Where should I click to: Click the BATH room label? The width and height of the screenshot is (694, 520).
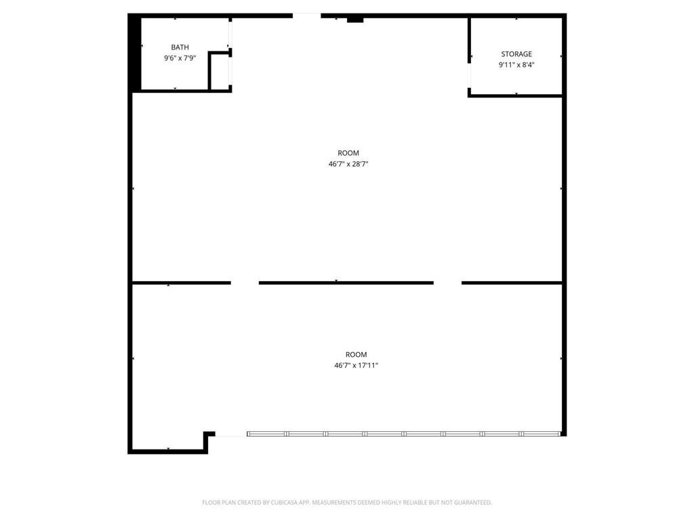180,47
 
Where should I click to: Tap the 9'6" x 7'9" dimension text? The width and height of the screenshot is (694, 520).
180,59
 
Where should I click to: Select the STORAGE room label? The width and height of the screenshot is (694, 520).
516,54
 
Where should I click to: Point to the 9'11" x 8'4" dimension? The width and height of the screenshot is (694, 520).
516,65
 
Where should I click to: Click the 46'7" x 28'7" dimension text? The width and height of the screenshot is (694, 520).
348,164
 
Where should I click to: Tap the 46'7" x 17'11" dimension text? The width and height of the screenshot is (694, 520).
356,366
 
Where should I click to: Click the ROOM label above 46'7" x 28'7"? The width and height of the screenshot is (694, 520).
348,153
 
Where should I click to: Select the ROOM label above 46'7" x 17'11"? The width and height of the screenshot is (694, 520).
356,355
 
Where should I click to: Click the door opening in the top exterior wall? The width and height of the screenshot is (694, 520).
306,15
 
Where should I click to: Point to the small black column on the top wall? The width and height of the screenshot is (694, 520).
355,20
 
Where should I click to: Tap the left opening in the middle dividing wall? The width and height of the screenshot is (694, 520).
245,282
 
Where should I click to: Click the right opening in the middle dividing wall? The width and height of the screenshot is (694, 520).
447,282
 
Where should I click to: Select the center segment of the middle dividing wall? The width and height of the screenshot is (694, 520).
346,282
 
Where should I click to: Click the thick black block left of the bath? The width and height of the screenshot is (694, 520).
135,54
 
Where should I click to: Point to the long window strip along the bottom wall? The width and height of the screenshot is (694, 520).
404,433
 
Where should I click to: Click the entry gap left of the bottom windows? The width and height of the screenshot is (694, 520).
230,435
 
